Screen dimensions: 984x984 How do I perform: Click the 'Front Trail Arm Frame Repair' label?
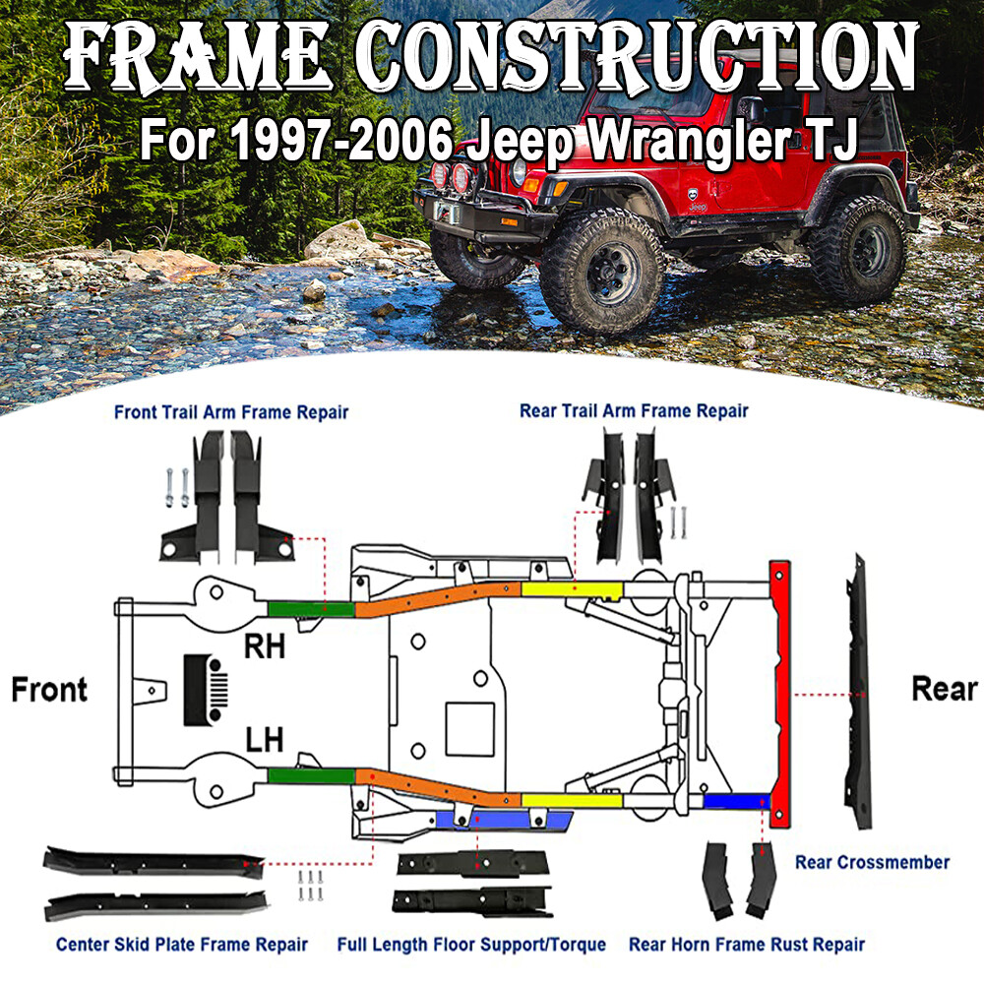230,412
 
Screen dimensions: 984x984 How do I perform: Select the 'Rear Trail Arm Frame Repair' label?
634,410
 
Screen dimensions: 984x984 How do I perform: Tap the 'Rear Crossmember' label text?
872,862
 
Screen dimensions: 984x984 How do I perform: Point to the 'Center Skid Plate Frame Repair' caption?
182,945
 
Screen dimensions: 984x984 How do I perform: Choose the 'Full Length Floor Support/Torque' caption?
471,945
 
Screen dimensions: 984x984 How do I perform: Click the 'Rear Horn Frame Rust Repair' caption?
747,945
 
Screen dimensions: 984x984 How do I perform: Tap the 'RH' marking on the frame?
264,646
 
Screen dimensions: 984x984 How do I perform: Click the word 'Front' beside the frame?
49,690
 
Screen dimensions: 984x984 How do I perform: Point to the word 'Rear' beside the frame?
944,689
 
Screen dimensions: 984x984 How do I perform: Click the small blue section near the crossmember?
735,801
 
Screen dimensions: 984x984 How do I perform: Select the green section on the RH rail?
311,607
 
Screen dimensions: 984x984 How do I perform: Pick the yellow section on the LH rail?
571,799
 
